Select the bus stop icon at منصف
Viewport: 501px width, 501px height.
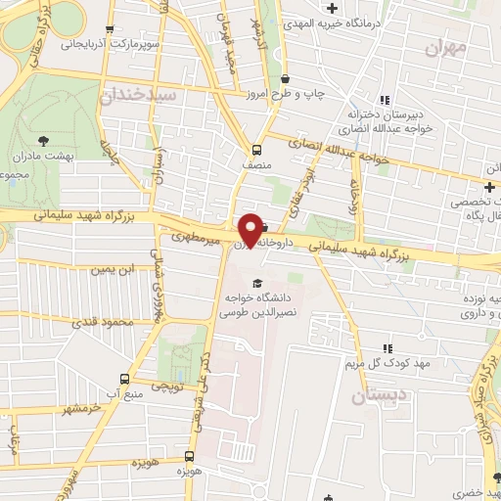(x=256, y=150)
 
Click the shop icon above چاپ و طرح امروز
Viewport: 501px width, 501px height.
(x=284, y=79)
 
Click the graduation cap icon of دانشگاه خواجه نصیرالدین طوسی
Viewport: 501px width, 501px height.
(x=256, y=284)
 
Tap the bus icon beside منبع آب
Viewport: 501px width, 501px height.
(x=123, y=380)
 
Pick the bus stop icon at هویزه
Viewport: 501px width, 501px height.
(x=190, y=456)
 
